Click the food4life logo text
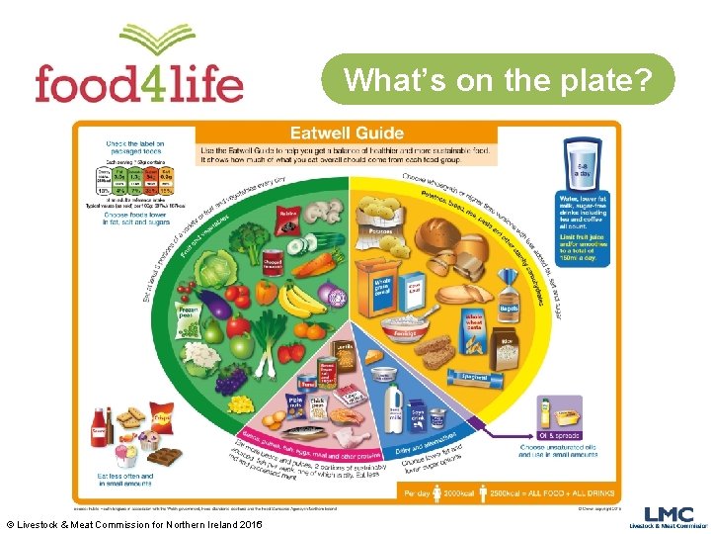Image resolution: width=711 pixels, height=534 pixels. [138, 81]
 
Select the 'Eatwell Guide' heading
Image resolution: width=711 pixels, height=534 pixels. [345, 133]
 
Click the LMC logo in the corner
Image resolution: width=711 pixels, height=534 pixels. [663, 517]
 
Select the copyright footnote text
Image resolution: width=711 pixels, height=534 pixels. [133, 522]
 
